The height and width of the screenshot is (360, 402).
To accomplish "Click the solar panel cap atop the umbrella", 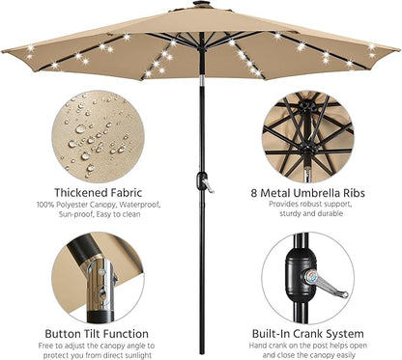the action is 201,4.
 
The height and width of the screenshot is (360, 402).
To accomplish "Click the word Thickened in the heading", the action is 80,193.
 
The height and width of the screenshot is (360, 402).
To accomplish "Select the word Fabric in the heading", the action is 127,193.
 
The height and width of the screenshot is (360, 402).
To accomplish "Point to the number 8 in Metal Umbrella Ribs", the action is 254,193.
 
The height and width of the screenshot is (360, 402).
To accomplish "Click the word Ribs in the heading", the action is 353,193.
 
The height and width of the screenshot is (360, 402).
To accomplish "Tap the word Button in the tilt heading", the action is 64,334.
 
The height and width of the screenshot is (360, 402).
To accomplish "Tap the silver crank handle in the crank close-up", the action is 326,284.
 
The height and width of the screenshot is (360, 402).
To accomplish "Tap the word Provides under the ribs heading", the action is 283,204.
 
